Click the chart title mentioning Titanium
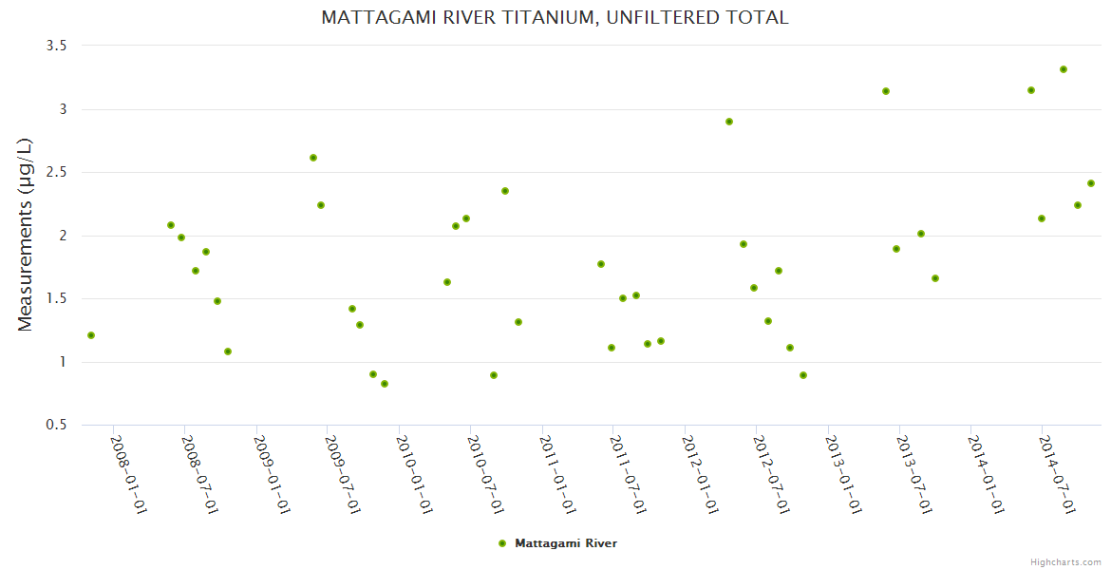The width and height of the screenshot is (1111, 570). point(555,17)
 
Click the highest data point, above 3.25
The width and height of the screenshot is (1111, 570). point(1064,69)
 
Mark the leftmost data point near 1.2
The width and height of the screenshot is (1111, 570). point(91,335)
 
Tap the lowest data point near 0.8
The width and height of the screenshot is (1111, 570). point(385,384)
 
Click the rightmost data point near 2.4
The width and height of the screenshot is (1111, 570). point(1091,183)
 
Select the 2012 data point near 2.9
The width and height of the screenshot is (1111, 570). point(729,122)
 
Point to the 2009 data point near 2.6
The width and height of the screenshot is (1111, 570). point(313,158)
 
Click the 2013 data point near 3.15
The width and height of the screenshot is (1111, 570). point(886,91)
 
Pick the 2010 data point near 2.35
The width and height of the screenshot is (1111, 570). point(505,191)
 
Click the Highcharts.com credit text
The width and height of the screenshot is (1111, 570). point(1065,561)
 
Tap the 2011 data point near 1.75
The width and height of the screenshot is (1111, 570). point(601,264)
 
